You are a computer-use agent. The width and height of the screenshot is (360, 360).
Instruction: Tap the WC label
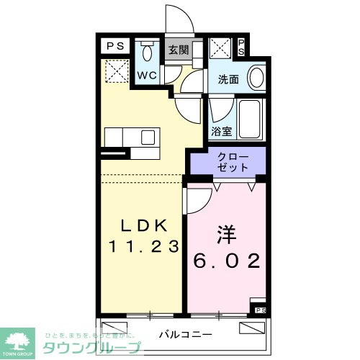coord(147,76)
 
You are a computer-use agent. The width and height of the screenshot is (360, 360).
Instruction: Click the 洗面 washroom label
coord(229,80)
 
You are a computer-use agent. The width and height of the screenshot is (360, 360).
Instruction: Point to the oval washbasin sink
coord(256,76)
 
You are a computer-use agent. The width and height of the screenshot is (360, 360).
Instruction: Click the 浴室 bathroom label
coord(221,132)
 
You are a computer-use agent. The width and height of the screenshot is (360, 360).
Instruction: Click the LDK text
coord(143,224)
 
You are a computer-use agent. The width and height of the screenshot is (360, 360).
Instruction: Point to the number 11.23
coord(143,246)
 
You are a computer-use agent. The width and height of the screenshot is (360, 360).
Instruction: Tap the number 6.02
coord(226,260)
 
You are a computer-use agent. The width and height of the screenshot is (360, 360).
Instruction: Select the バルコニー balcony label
coord(186,334)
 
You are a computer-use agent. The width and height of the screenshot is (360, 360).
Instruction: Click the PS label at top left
coord(114,46)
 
